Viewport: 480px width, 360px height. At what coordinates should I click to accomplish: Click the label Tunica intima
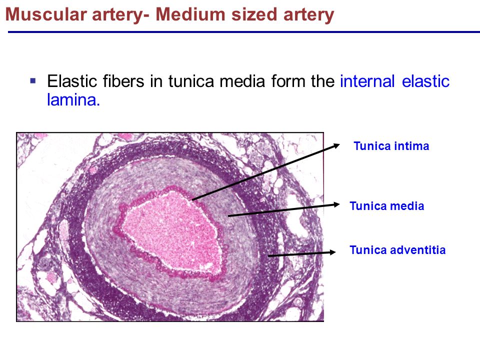point(391,146)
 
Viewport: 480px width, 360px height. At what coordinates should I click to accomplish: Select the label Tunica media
point(386,206)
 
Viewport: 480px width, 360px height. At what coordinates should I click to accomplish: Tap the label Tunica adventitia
point(397,250)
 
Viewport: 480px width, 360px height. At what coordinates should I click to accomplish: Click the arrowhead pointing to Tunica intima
point(336,144)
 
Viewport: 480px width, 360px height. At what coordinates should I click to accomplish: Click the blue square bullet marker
point(33,79)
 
